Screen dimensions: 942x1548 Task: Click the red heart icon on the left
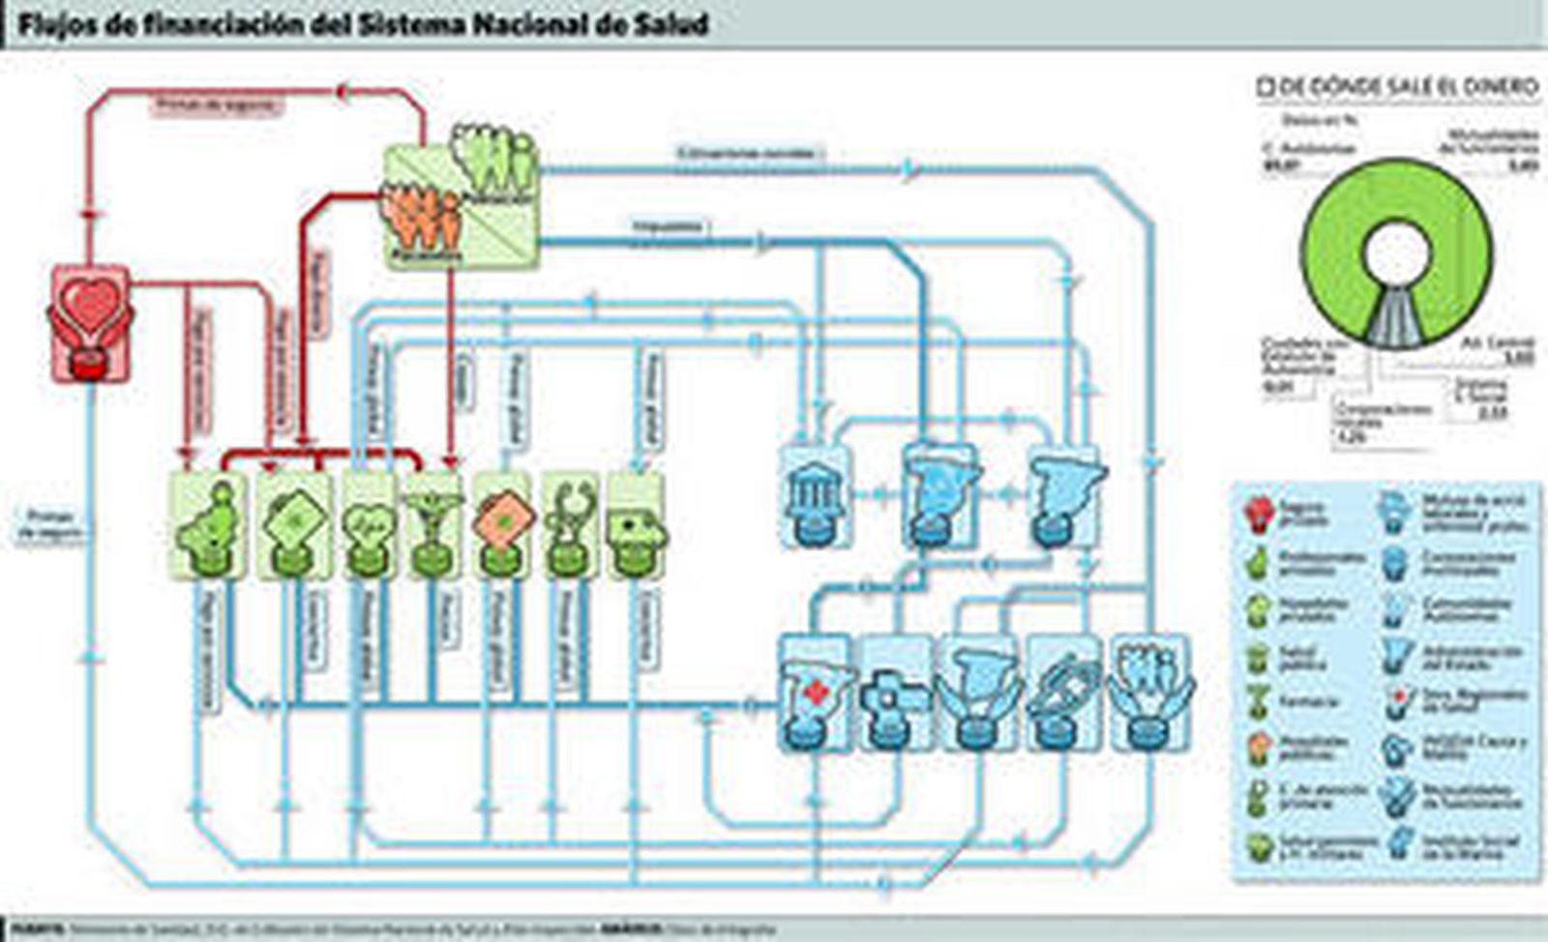(90, 308)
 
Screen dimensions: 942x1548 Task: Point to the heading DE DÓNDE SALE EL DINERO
(1408, 87)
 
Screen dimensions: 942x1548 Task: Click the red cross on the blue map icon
(816, 692)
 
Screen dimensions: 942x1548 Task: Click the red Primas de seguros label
(217, 105)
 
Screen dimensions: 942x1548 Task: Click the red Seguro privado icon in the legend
(1258, 513)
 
